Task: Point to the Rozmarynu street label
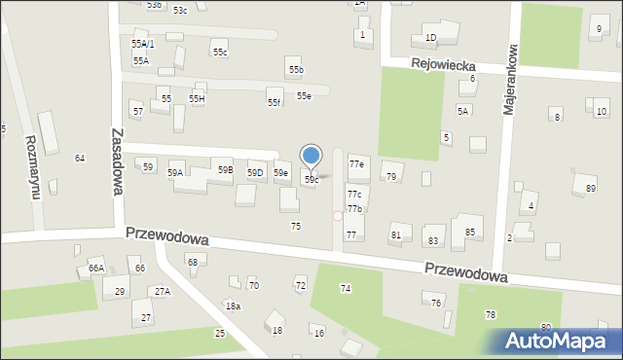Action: tap(35, 166)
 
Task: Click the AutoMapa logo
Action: tap(560, 341)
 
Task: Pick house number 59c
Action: tap(311, 180)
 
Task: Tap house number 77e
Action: tap(356, 163)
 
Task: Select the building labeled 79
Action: tap(391, 176)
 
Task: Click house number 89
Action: tap(591, 188)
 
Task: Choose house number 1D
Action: tap(430, 38)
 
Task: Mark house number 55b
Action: tap(295, 69)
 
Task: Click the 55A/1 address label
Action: tap(143, 44)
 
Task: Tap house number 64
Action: tap(80, 158)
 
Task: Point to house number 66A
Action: tap(95, 268)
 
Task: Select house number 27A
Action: tap(163, 291)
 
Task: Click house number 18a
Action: tap(233, 306)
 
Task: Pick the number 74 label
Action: tap(345, 288)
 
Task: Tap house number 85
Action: tap(469, 232)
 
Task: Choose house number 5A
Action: tap(463, 111)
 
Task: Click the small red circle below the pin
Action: tap(338, 215)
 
